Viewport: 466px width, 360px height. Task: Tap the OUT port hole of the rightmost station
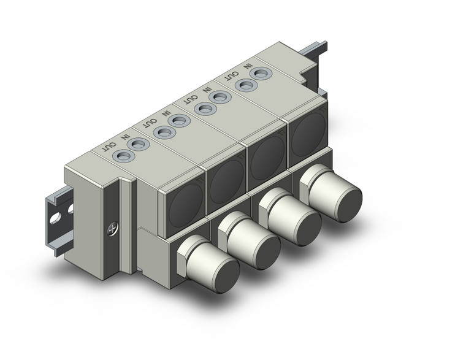pos(246,85)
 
